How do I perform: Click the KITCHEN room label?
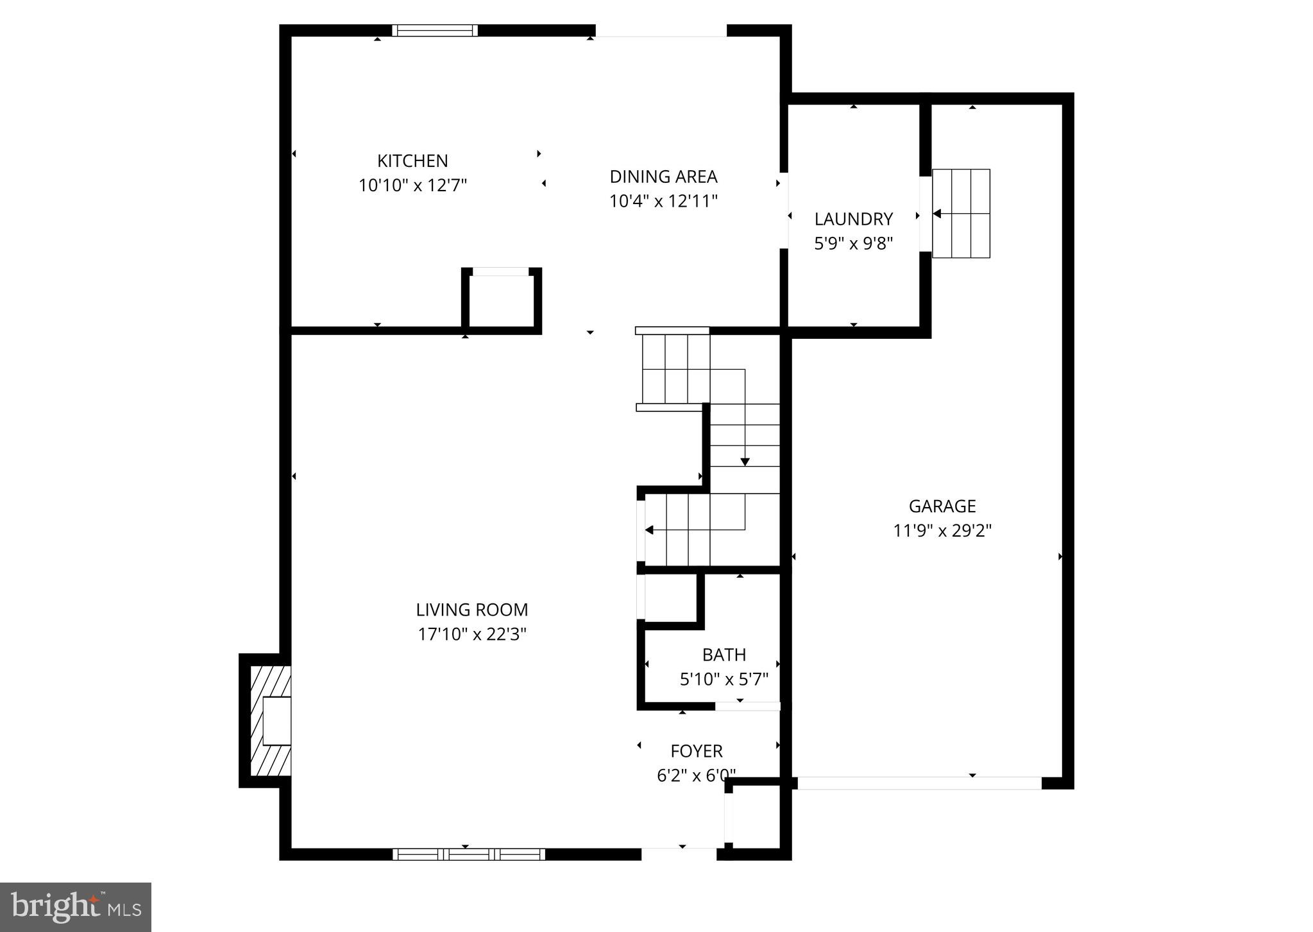(412, 160)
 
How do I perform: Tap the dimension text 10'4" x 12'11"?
(663, 201)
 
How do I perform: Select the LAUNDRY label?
(853, 219)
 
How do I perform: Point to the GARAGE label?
(942, 506)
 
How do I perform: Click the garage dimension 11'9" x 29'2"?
(942, 531)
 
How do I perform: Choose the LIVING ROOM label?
(471, 609)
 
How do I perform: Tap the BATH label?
(724, 655)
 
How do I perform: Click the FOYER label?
(696, 751)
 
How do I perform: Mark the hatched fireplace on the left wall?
(270, 721)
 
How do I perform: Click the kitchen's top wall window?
(435, 30)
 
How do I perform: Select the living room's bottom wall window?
(468, 854)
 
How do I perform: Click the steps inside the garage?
(961, 213)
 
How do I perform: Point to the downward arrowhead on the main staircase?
(745, 462)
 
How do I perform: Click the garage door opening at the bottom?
(919, 782)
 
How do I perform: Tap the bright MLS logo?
(76, 907)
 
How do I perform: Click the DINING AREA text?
(663, 177)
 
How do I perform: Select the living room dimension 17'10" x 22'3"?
(471, 634)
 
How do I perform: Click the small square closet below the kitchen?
(501, 301)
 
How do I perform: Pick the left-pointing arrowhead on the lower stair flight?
(649, 530)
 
